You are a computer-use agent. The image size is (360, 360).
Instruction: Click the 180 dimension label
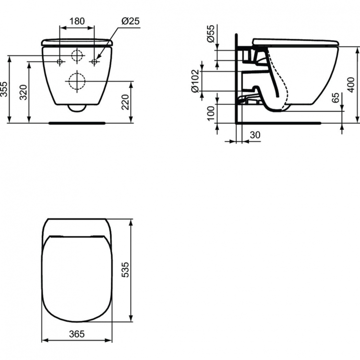click(77, 21)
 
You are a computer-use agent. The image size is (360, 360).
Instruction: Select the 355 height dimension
click(4, 89)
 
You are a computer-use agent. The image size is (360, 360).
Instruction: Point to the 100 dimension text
click(210, 114)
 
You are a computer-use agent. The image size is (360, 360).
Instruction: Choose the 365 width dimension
click(77, 333)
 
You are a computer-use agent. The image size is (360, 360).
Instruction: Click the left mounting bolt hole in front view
click(60, 61)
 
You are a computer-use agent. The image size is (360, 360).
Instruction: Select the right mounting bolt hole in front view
click(95, 61)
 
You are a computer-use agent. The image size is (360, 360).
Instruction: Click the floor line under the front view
click(77, 123)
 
